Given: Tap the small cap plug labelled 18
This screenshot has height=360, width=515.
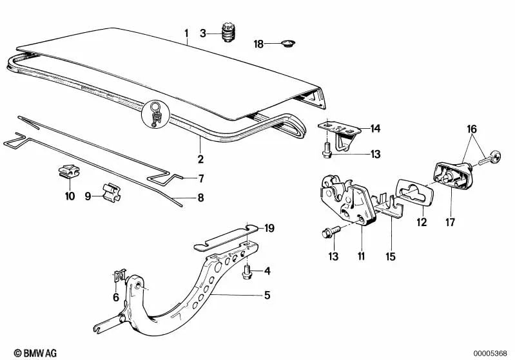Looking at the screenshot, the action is coord(289,43).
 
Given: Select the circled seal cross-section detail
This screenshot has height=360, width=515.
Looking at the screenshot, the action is coord(156,114).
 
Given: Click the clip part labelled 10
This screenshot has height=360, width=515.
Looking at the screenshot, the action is coord(68,172).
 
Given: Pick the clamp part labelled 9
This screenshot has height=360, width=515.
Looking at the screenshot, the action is coord(111,193).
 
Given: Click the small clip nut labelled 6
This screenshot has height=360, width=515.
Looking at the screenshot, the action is coord(120,275).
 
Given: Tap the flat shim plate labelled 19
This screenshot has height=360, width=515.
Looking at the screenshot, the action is coord(224,237).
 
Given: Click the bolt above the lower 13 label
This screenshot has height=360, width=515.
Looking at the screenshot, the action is coord(331,232).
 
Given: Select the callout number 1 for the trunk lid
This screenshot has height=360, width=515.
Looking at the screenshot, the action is coord(186,33).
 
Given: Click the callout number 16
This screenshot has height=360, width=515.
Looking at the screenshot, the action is coord(472,129).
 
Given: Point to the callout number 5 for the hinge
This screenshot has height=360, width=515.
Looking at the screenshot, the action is coord(267,295).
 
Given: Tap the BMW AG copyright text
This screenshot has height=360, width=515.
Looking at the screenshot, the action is coord(35,353).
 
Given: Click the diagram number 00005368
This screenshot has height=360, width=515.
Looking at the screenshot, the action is coord(490,354).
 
